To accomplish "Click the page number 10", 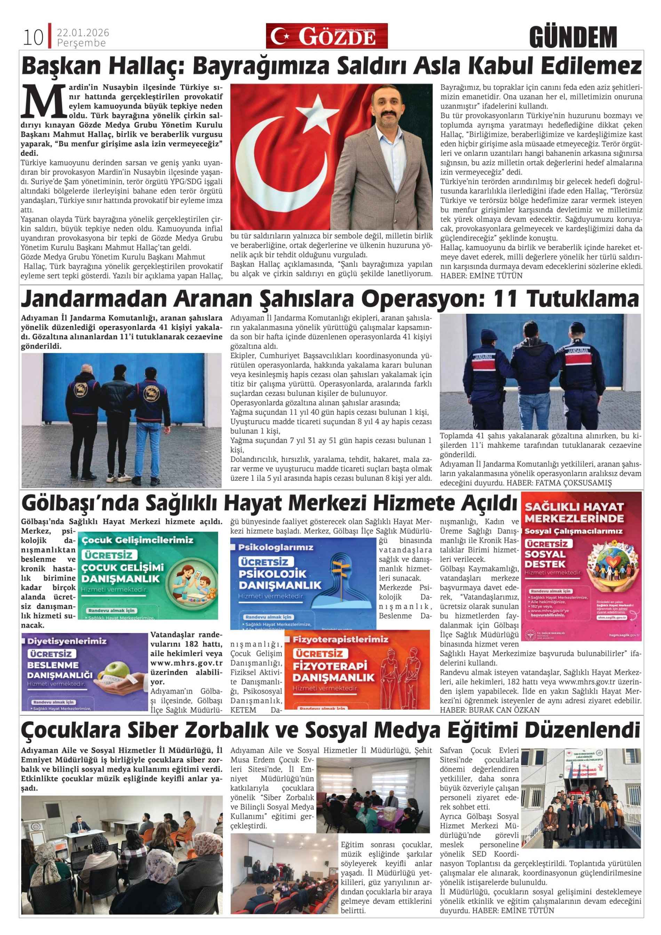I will point(33,38).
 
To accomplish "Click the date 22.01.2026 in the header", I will point(83,33).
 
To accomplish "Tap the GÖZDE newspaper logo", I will point(327,36).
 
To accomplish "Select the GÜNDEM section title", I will point(573,38).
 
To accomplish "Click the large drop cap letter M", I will point(44,100).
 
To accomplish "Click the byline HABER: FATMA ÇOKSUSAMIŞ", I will point(559,483).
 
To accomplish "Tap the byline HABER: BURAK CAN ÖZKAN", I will point(489,710).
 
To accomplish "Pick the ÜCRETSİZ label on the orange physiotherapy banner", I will point(320,654).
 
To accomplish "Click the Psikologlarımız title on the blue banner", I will point(276,547).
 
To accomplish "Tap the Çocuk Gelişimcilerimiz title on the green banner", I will point(138,540).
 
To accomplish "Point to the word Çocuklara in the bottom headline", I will point(71,730).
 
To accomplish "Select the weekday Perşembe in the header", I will point(81,43).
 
